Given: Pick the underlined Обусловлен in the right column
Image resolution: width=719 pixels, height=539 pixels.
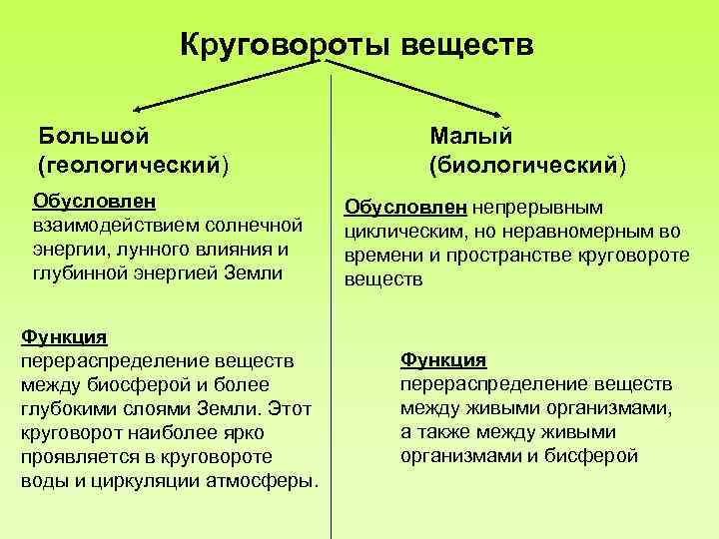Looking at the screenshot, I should pyautogui.click(x=405, y=208).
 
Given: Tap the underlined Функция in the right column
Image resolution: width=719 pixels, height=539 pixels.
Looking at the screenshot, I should pyautogui.click(x=443, y=360).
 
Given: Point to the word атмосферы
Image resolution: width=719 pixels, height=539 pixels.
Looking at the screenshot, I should pyautogui.click(x=264, y=480).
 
